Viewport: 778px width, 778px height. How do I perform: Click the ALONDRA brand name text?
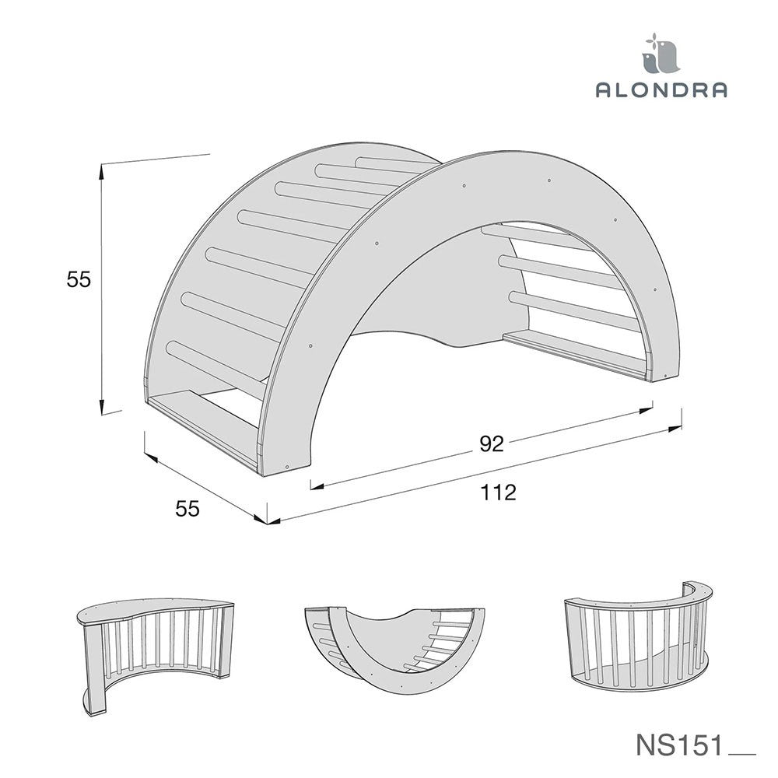click(x=661, y=89)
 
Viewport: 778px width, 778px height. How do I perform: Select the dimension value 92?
click(x=491, y=443)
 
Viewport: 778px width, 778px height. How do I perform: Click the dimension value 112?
click(x=498, y=492)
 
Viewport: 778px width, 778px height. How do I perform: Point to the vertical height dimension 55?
click(x=79, y=280)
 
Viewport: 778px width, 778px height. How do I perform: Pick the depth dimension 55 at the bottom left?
click(x=187, y=509)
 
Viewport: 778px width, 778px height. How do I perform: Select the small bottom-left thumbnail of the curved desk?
click(x=155, y=655)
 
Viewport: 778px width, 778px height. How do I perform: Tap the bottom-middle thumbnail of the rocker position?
click(x=394, y=650)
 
